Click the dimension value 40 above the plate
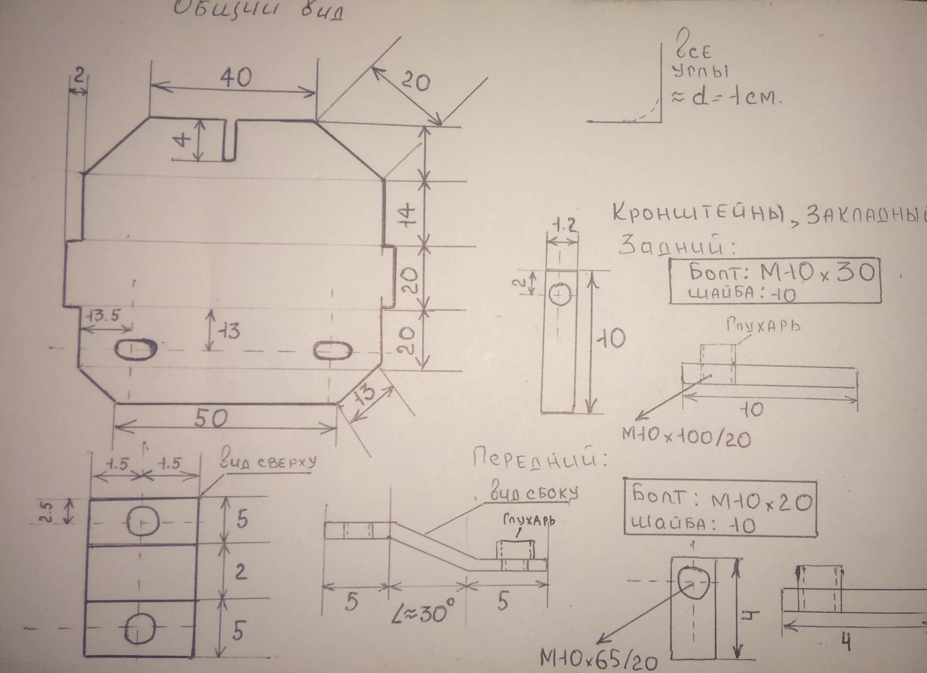(236, 77)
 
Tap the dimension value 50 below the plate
(211, 418)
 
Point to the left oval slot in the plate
(136, 349)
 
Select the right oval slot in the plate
(332, 350)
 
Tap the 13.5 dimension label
(102, 315)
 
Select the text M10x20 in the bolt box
(761, 503)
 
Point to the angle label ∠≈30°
(422, 612)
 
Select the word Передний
(539, 458)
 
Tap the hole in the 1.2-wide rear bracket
(561, 294)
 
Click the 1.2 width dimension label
(564, 225)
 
